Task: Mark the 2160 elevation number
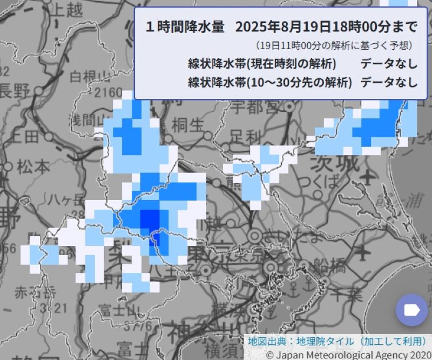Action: (109, 92)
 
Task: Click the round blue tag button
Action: (411, 309)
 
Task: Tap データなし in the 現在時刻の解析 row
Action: (389, 63)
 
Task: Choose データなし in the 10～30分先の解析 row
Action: (389, 83)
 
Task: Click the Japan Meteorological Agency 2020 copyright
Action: (348, 355)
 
